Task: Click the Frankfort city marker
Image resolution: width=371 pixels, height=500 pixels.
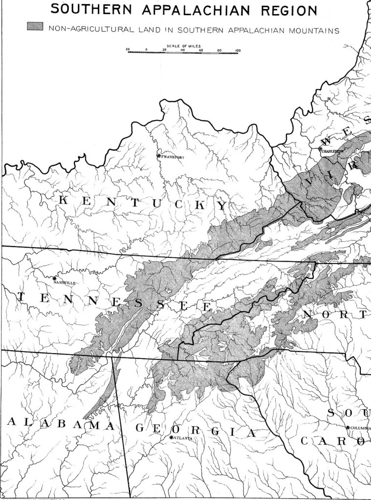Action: pyautogui.click(x=159, y=156)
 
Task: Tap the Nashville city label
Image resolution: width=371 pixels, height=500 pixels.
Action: pyautogui.click(x=65, y=283)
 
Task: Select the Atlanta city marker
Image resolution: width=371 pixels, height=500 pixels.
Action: pyautogui.click(x=172, y=437)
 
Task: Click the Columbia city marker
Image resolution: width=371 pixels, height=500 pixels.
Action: pyautogui.click(x=348, y=428)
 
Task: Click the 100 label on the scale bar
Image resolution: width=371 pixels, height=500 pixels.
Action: pyautogui.click(x=238, y=50)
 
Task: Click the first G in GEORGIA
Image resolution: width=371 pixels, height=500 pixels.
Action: pyautogui.click(x=140, y=428)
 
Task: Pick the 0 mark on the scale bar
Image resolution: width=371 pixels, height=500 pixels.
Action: pyautogui.click(x=146, y=50)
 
